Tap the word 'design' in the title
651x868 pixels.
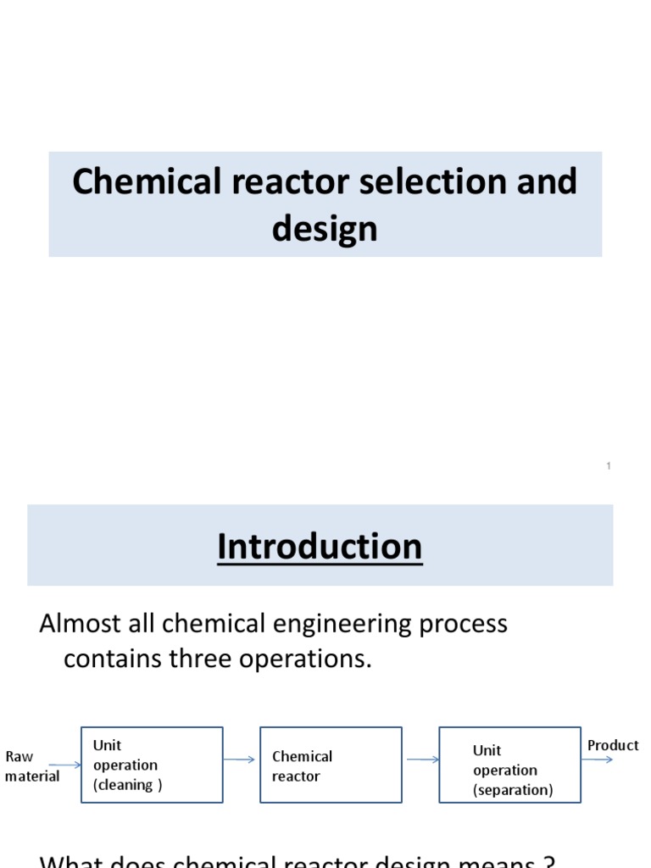click(x=325, y=228)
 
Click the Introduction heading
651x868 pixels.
click(x=320, y=547)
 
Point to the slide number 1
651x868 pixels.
click(x=609, y=466)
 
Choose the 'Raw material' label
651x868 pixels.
click(x=31, y=765)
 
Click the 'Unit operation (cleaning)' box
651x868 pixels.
click(x=152, y=765)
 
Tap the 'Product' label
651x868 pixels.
click(x=613, y=745)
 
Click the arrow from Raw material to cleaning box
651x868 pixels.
click(x=65, y=765)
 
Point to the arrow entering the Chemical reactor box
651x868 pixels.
click(x=241, y=759)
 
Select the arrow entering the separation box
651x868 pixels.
click(x=422, y=759)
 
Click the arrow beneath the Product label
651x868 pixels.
click(x=598, y=759)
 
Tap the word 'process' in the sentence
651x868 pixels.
click(x=463, y=625)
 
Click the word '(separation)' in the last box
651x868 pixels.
click(x=513, y=790)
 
